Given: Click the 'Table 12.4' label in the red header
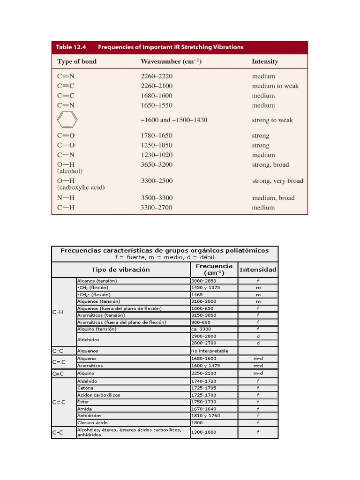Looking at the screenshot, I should tap(71, 47).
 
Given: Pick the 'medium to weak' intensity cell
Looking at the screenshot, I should tap(275, 86).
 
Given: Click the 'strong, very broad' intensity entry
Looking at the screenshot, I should tap(277, 181).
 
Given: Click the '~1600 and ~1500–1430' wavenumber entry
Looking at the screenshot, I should tap(173, 120).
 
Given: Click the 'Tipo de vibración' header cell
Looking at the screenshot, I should tap(120, 270).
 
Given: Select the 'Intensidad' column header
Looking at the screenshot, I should tap(258, 270).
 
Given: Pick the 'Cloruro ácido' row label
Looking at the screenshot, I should tap(93, 422).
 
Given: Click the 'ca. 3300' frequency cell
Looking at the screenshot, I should tap(201, 329).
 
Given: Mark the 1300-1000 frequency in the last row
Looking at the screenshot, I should tap(203, 432).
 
